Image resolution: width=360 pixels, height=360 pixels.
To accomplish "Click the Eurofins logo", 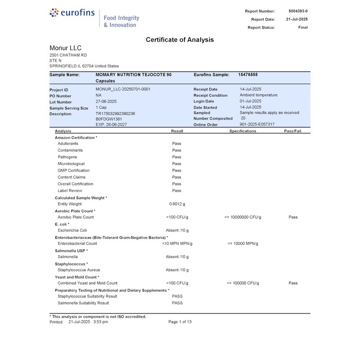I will (72, 13).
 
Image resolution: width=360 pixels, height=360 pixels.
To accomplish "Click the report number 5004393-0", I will (298, 11).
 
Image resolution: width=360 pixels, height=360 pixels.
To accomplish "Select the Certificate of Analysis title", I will (180, 40).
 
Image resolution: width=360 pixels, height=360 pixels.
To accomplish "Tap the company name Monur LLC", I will (65, 48).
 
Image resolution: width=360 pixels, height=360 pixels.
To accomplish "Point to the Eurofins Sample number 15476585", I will (248, 75).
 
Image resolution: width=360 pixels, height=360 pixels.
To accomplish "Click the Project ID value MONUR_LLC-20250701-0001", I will (123, 89).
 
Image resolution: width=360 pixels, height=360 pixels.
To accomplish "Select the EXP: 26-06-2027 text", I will (112, 124).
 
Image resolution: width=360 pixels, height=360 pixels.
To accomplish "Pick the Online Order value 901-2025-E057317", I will (257, 124).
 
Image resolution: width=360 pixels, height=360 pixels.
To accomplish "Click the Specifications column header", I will (243, 131).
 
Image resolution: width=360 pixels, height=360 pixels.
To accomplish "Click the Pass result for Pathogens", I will (176, 157).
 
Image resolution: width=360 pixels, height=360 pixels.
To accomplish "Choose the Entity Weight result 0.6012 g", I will (177, 204).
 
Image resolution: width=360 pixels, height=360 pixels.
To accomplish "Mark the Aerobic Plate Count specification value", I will (242, 217).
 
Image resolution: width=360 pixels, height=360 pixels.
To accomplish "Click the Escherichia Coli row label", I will (72, 230).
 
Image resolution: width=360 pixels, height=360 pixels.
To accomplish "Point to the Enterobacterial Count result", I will (177, 243).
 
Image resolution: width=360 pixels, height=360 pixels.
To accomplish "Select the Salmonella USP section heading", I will (71, 250).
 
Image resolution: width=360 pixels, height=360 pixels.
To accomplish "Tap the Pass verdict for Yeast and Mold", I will (293, 283).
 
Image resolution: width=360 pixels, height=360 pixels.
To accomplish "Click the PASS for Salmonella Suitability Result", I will (177, 303).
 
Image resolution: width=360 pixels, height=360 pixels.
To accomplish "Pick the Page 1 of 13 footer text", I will (180, 322).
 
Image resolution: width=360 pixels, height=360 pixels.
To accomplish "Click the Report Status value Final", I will (303, 27).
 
